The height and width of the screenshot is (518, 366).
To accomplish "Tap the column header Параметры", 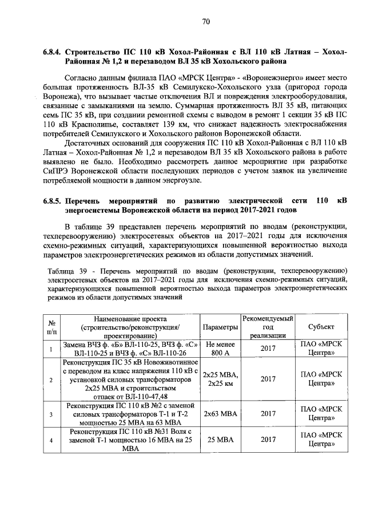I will pyautogui.click(x=220, y=327).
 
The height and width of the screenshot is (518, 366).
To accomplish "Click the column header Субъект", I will pyautogui.click(x=321, y=327).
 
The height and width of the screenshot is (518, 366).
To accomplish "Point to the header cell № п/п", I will pyautogui.click(x=51, y=327).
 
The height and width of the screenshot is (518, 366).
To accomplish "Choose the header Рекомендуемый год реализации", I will pyautogui.click(x=268, y=327).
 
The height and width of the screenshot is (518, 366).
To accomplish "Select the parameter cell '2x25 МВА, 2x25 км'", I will pyautogui.click(x=220, y=379).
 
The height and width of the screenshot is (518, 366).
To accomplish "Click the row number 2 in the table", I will pyautogui.click(x=51, y=379).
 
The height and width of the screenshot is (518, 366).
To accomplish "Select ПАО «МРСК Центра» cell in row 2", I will pyautogui.click(x=321, y=379).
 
